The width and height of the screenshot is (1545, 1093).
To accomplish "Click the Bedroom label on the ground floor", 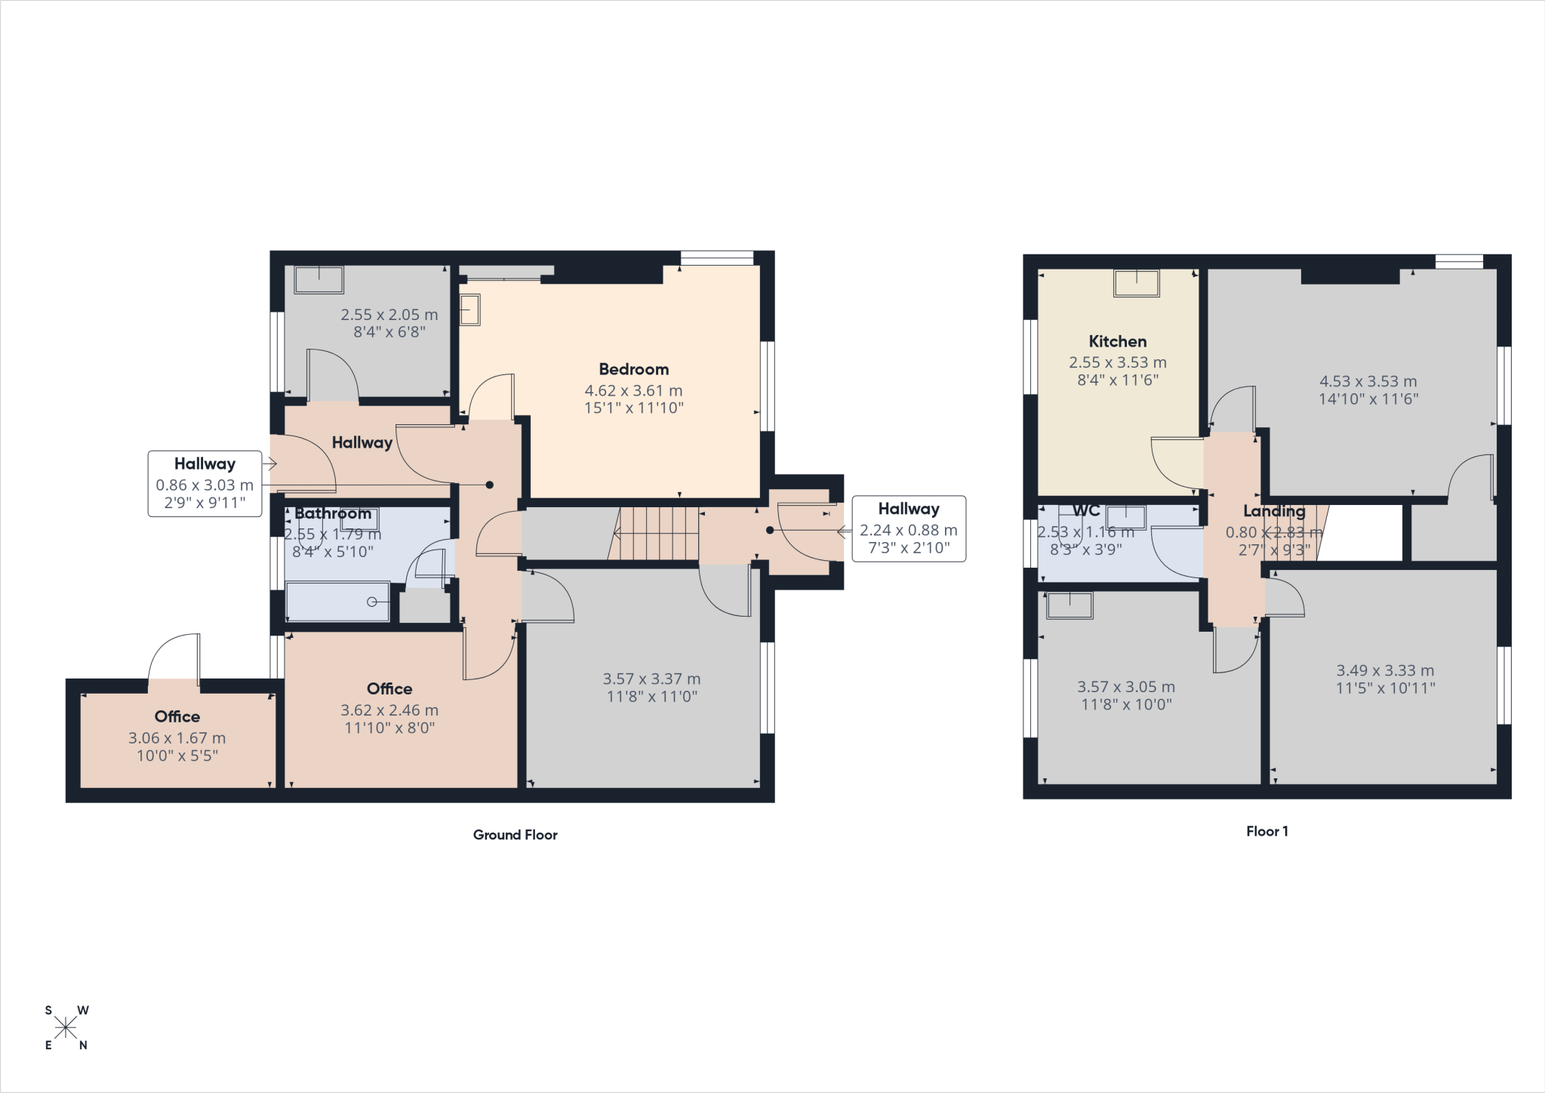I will [633, 369].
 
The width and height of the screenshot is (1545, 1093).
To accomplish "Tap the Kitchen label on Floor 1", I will [1117, 341].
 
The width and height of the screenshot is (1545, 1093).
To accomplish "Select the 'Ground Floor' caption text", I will [515, 835].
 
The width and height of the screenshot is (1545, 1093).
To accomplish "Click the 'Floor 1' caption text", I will [1266, 831].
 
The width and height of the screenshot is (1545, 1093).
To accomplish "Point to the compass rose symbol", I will [66, 1027].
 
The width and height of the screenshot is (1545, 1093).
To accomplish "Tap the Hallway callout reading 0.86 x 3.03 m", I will [205, 484].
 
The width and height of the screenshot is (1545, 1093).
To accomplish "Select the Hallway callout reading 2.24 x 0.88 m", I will [908, 528].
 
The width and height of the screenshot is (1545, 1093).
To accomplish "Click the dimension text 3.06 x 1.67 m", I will [177, 738].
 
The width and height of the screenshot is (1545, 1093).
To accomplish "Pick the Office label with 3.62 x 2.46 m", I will [389, 688].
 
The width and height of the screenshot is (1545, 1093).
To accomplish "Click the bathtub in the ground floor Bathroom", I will [337, 602].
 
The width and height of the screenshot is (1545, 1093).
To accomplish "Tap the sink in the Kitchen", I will [1136, 283].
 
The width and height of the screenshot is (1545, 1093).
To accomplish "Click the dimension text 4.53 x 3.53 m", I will [1368, 381].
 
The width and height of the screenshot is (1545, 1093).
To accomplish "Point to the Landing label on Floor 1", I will [1274, 511].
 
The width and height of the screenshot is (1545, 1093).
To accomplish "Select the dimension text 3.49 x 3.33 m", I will [1385, 670].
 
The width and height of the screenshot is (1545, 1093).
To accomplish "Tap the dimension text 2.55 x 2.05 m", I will [389, 315].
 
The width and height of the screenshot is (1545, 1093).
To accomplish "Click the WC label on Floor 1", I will [1085, 510].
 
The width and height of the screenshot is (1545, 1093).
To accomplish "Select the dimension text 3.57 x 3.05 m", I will [1125, 687].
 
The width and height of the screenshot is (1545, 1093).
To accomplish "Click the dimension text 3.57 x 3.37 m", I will [651, 679].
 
